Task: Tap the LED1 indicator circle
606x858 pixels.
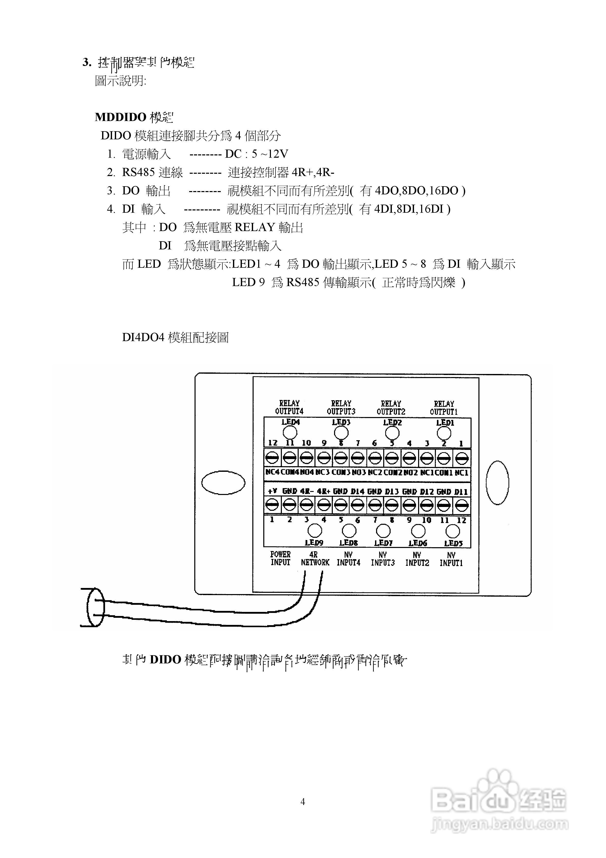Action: point(444,433)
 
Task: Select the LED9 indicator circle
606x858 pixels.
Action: point(314,530)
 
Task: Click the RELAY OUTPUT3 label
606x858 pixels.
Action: point(341,407)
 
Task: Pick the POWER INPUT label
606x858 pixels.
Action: point(280,558)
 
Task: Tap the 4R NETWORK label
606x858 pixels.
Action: point(315,559)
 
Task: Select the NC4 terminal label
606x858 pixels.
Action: point(272,472)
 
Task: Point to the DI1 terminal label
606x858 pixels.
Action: point(461,492)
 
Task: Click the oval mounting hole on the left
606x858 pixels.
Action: point(223,482)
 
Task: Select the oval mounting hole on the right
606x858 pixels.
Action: point(497,482)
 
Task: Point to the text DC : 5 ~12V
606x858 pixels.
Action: point(256,154)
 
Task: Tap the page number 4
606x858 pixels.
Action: point(303,801)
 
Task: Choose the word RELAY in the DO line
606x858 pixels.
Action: point(255,227)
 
